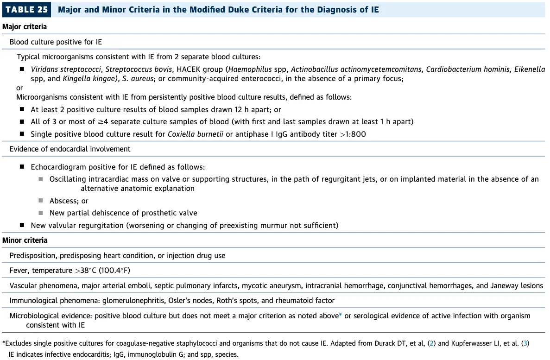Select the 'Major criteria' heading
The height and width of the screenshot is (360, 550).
(x=25, y=27)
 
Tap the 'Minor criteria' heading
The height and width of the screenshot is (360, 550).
(x=25, y=240)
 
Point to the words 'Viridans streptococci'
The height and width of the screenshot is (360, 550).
(x=66, y=69)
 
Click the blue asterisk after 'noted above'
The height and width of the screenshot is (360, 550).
(x=341, y=316)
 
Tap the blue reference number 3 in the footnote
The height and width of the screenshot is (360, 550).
(x=524, y=343)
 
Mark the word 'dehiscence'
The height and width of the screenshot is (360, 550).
(x=107, y=213)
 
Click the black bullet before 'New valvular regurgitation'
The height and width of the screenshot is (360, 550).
(x=22, y=225)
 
